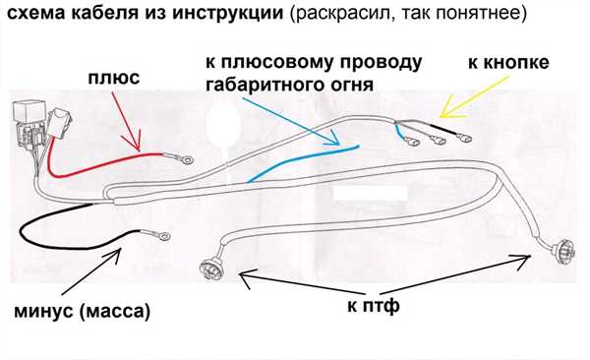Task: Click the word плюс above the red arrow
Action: (114, 78)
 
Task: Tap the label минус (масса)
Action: (82, 312)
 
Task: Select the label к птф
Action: (374, 306)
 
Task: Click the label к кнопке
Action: (508, 62)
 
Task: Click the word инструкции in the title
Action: (228, 13)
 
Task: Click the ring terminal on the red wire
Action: (186, 160)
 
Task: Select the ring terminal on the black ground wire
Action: (163, 236)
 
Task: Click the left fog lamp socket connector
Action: (210, 267)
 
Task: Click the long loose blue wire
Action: (303, 163)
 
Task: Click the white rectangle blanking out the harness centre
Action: (371, 193)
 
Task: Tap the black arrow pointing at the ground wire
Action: (91, 271)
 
